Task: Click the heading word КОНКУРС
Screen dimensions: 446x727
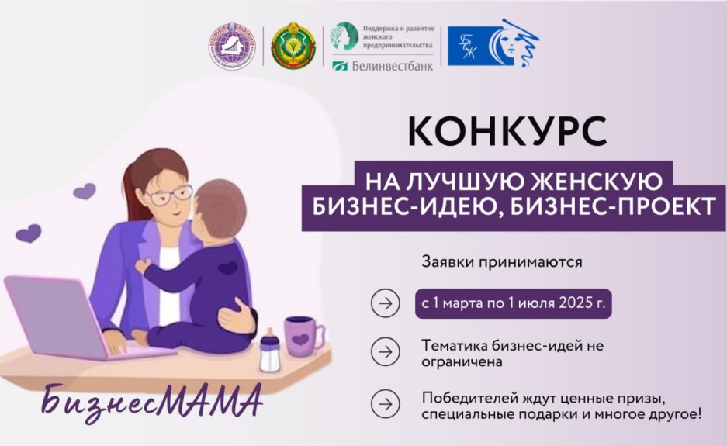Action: point(507,131)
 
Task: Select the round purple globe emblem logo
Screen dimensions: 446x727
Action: point(232,45)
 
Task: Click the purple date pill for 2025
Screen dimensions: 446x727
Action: point(513,302)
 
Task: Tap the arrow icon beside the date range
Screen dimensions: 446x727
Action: point(383,303)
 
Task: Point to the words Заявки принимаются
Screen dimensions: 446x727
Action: point(501,261)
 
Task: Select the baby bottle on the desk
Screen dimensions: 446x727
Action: point(268,351)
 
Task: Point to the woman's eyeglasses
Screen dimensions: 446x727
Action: point(167,195)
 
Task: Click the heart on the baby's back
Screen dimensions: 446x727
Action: point(227,268)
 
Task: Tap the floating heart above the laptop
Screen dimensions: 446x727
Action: point(29,233)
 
